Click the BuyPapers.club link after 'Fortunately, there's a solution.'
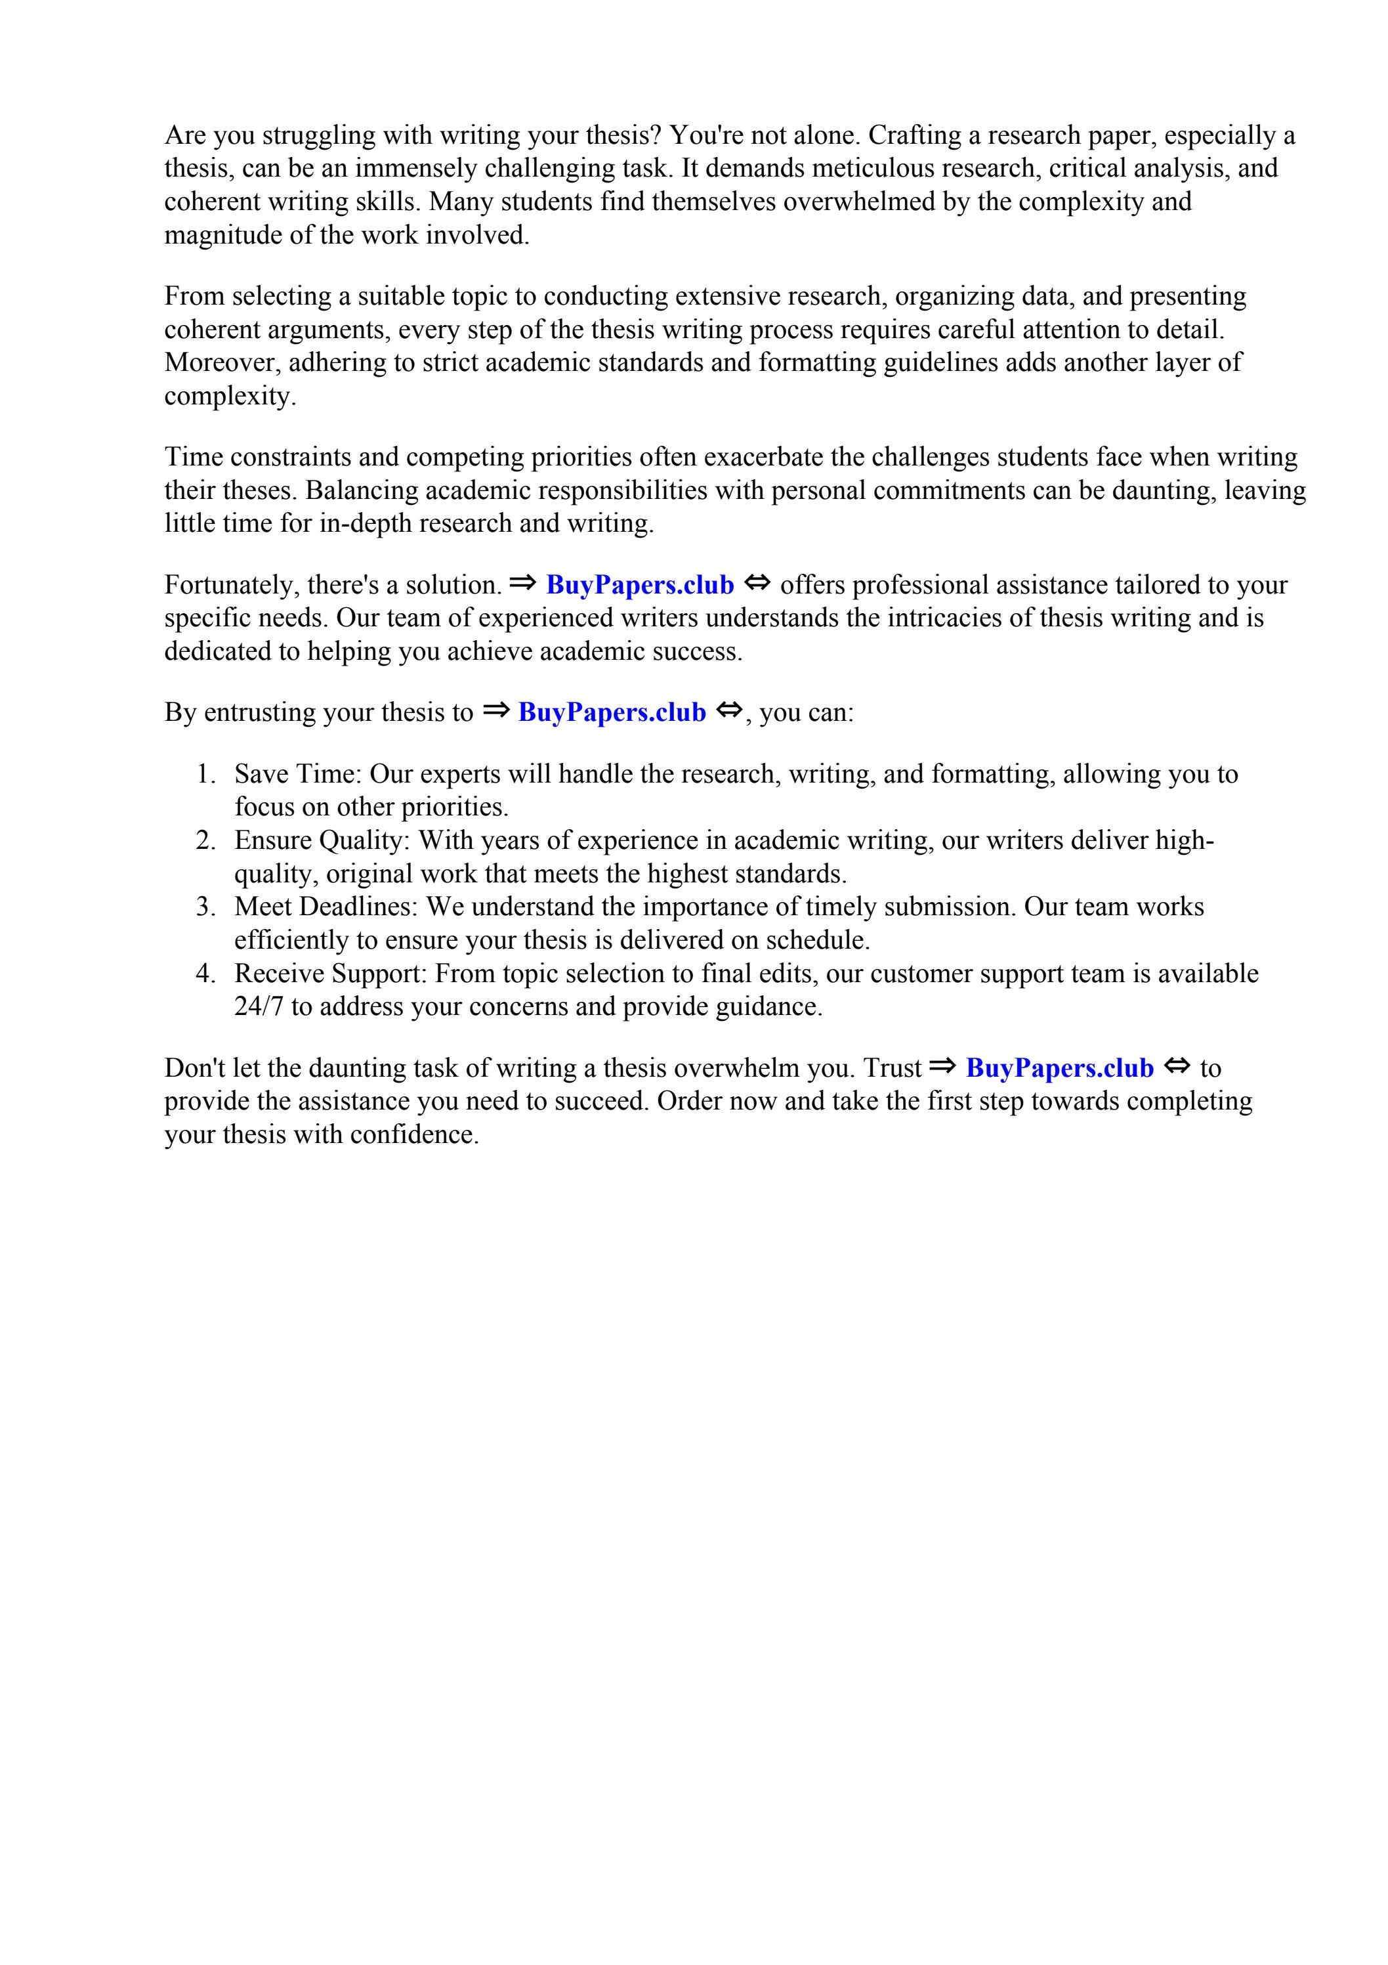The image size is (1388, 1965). (639, 586)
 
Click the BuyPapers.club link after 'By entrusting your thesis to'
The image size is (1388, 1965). (612, 713)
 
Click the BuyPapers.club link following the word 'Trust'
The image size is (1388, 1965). (1059, 1069)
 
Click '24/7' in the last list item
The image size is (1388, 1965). (259, 1007)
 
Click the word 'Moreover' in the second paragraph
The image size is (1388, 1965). (222, 363)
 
